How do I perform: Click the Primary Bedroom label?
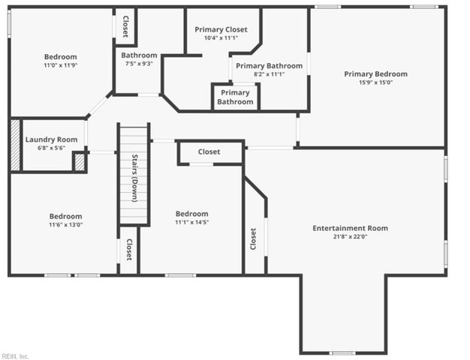pos(375,73)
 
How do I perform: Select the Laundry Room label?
pos(51,139)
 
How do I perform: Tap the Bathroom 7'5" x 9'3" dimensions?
pos(139,64)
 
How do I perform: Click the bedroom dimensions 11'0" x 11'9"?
pos(60,66)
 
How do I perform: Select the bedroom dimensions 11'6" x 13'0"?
pos(66,225)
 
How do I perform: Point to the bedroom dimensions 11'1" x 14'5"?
pos(191,223)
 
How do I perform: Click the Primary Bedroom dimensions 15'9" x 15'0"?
pos(375,83)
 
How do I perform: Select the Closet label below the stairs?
pos(129,250)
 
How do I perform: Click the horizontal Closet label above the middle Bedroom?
pos(209,152)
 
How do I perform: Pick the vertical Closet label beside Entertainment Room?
pos(253,239)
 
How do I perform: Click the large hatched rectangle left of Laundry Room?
pos(15,144)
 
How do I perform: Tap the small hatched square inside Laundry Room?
pos(79,161)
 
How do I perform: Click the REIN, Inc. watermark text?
pos(15,356)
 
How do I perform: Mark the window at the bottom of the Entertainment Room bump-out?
pos(342,352)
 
